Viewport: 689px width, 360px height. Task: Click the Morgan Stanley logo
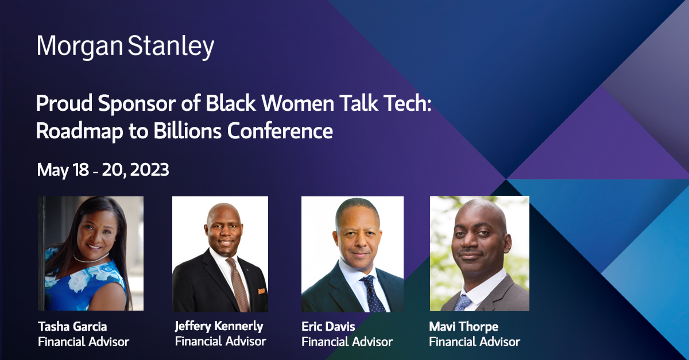pyautogui.click(x=125, y=47)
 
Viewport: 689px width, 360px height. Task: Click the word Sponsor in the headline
pyautogui.click(x=137, y=104)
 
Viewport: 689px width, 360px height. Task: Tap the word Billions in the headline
pyautogui.click(x=187, y=131)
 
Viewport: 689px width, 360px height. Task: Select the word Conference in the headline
pyautogui.click(x=280, y=131)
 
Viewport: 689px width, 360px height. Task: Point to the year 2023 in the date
pyautogui.click(x=149, y=169)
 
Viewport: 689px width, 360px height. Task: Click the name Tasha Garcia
pyautogui.click(x=72, y=327)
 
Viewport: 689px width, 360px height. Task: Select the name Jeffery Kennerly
pyautogui.click(x=219, y=326)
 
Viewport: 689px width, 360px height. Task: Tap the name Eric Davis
pyautogui.click(x=328, y=327)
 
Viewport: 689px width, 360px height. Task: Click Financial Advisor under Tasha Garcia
pyautogui.click(x=83, y=342)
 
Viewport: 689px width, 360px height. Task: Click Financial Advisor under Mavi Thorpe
pyautogui.click(x=475, y=342)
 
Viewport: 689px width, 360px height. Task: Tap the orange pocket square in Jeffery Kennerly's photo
pyautogui.click(x=261, y=291)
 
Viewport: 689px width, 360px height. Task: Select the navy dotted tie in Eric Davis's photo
pyautogui.click(x=373, y=293)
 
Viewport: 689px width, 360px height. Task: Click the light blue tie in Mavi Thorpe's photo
pyautogui.click(x=462, y=303)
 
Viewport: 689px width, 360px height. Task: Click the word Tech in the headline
pyautogui.click(x=408, y=103)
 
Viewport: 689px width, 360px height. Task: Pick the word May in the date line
pyautogui.click(x=53, y=170)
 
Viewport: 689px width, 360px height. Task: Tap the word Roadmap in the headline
pyautogui.click(x=80, y=131)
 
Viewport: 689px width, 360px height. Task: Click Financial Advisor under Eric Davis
pyautogui.click(x=347, y=342)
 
